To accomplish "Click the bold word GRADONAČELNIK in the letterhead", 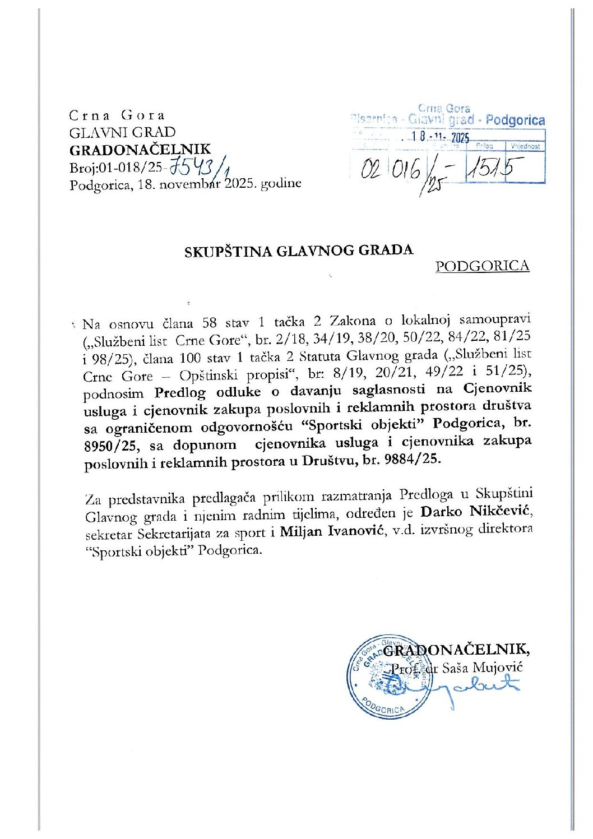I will click(140, 149).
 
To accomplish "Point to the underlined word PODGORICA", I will click(482, 266).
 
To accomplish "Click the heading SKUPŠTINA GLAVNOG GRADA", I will click(299, 251).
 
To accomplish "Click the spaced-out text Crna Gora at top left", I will click(117, 115).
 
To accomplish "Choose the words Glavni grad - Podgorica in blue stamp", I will click(476, 120).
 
